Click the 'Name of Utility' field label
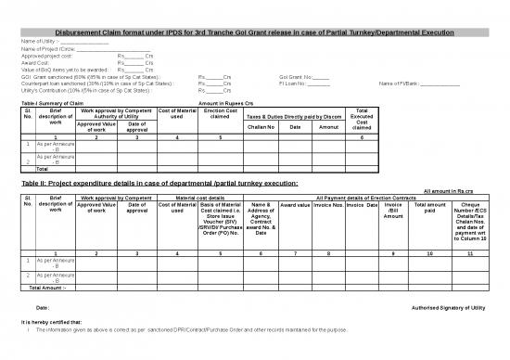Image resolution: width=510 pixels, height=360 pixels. (x=40, y=42)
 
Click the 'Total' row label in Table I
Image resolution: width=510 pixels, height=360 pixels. (x=41, y=169)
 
